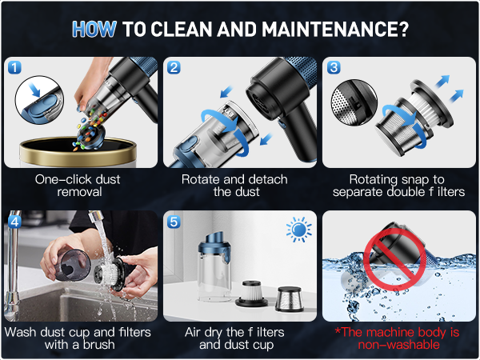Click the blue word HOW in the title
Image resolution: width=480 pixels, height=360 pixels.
click(x=94, y=30)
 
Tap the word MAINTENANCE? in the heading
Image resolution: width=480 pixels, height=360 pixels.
click(x=335, y=30)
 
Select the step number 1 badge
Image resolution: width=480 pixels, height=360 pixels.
click(x=14, y=67)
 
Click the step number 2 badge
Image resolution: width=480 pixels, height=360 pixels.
click(x=174, y=67)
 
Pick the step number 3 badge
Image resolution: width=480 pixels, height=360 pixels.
click(x=334, y=67)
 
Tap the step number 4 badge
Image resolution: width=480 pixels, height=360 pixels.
click(x=14, y=222)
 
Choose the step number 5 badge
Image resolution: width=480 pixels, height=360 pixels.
click(x=174, y=222)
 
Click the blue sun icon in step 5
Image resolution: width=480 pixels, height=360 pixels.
click(x=298, y=230)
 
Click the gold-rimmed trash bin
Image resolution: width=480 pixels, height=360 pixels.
click(x=78, y=152)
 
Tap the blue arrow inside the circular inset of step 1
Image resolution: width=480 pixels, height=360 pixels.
click(x=34, y=90)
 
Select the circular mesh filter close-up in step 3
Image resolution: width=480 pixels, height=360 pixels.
click(x=354, y=102)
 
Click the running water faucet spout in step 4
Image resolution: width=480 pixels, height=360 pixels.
click(x=95, y=217)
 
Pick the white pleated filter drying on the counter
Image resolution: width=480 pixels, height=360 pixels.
click(x=252, y=294)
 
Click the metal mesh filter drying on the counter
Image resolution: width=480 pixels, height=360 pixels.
click(x=290, y=299)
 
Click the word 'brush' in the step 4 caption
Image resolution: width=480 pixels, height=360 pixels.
click(x=98, y=345)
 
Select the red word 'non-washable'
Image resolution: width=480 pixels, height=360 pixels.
click(x=398, y=345)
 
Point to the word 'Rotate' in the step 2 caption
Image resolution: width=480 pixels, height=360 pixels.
click(x=198, y=179)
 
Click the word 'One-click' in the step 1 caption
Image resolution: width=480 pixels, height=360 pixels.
click(x=62, y=179)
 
